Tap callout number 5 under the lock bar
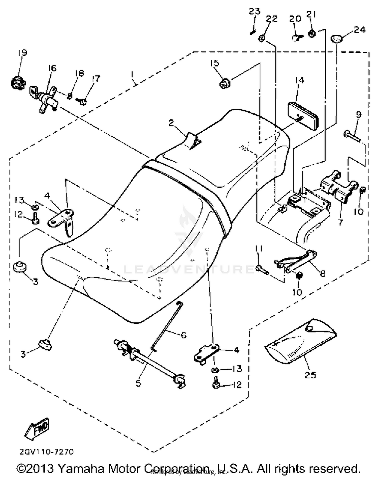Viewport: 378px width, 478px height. [x=138, y=383]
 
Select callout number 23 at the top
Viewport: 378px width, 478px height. [x=254, y=12]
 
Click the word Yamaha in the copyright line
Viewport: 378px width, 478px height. [x=81, y=469]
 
